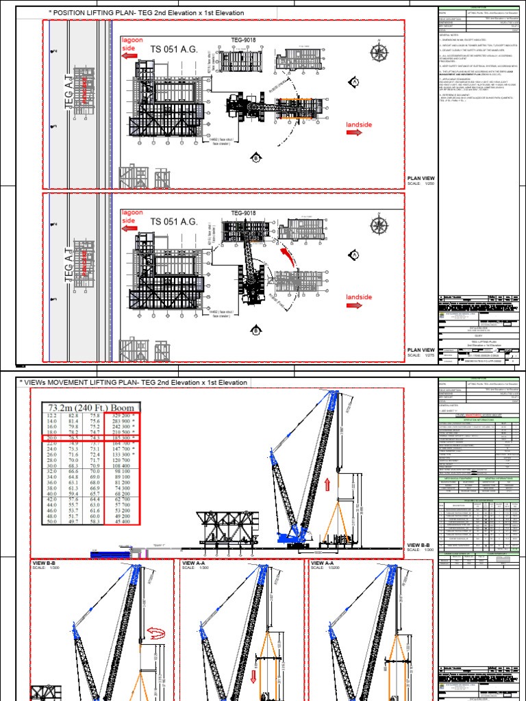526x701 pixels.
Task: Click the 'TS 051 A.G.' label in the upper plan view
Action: click(x=174, y=49)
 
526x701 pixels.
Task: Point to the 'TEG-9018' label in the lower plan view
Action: click(x=243, y=213)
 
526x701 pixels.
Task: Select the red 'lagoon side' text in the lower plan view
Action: click(x=132, y=216)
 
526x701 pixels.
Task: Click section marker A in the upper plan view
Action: click(x=355, y=83)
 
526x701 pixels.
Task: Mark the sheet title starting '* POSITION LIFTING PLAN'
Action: click(x=147, y=13)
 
